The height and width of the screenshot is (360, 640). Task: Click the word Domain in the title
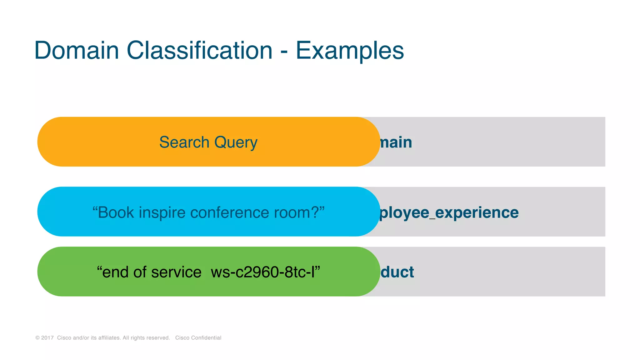[77, 51]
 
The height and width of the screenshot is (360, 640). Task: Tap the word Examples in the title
[350, 51]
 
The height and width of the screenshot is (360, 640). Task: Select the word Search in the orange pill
[184, 142]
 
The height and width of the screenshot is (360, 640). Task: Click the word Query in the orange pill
[236, 143]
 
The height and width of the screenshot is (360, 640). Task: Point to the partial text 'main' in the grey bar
[396, 142]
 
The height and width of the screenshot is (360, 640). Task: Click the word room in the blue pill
[292, 212]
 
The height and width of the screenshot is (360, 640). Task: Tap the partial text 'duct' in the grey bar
[397, 272]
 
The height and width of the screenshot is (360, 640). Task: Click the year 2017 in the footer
[47, 338]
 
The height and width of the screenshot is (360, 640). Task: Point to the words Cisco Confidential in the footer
[198, 338]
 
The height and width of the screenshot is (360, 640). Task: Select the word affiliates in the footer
[109, 338]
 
